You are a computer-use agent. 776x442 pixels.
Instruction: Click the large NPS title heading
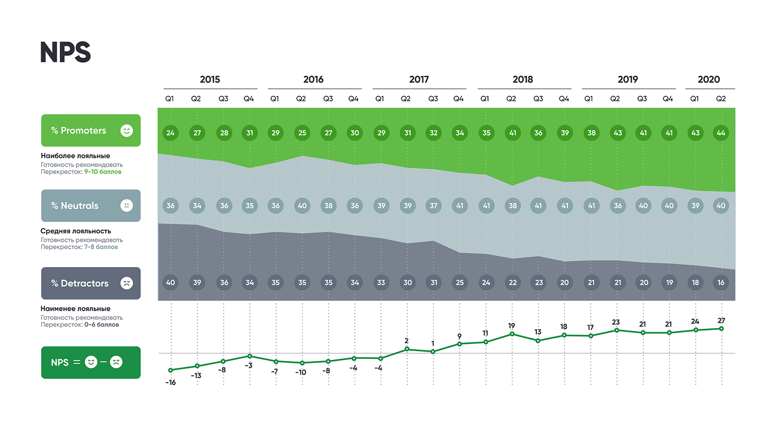point(66,52)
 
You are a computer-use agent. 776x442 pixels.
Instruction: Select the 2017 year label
point(419,80)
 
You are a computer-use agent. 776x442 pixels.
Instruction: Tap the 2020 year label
point(709,80)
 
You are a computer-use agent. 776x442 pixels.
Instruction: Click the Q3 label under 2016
point(328,98)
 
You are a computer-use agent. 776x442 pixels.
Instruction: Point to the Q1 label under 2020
point(694,98)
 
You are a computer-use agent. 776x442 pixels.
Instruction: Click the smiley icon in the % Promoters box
point(127,131)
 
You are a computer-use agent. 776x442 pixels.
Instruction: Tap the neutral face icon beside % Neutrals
point(127,205)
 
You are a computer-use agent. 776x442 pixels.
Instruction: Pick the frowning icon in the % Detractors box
point(127,283)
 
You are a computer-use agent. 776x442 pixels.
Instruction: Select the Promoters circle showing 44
point(721,134)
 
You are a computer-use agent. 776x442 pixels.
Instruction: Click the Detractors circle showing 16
point(721,282)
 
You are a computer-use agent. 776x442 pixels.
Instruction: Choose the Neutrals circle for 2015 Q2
point(197,205)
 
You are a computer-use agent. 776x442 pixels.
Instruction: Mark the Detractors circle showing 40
point(170,282)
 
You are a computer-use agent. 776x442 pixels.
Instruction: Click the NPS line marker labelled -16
point(170,370)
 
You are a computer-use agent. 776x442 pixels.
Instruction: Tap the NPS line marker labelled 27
point(721,328)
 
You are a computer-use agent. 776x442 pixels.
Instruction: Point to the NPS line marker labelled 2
point(406,349)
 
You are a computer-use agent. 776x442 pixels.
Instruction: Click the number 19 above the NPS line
point(511,326)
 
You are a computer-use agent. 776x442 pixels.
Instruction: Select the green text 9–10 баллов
point(103,171)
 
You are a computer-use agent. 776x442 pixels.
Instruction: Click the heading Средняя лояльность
point(76,231)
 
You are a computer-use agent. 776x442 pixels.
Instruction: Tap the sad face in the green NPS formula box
point(116,362)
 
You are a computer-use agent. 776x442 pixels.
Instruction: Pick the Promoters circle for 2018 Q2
point(511,134)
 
